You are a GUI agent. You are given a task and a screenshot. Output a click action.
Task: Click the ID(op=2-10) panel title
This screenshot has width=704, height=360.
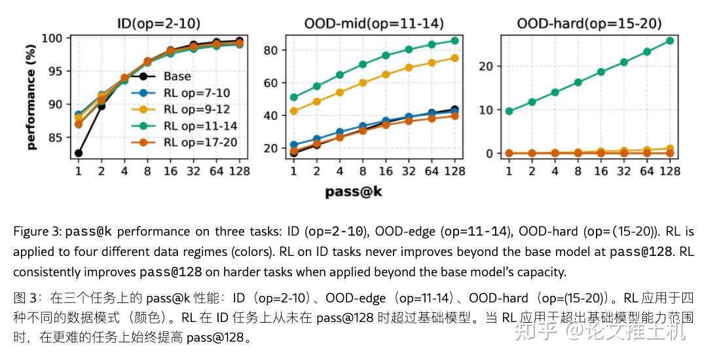(159, 24)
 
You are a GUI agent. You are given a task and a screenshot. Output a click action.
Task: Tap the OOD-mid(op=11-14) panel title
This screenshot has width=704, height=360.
(374, 24)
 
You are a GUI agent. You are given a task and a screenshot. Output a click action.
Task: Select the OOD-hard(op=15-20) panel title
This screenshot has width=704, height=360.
(589, 24)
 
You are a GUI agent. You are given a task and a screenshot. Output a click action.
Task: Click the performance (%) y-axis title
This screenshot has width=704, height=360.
(31, 98)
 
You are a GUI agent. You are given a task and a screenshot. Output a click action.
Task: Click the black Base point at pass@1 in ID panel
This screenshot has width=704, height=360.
(79, 153)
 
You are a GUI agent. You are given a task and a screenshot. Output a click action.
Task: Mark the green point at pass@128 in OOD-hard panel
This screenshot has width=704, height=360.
(669, 41)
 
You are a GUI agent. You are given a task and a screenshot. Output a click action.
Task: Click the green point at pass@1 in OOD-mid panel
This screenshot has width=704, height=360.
(293, 98)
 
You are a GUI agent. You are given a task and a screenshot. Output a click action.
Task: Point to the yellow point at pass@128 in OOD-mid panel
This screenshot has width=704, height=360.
(454, 58)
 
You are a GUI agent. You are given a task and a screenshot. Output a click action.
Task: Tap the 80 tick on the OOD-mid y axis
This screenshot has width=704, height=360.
(274, 50)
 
